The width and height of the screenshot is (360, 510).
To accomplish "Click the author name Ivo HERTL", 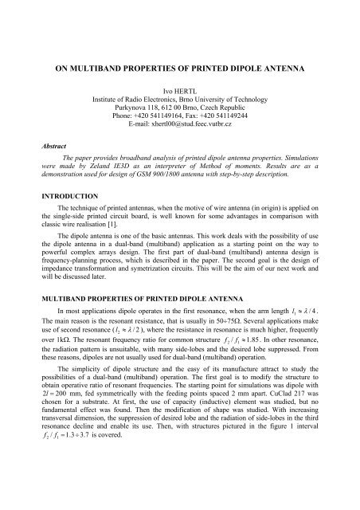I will [180, 93].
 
